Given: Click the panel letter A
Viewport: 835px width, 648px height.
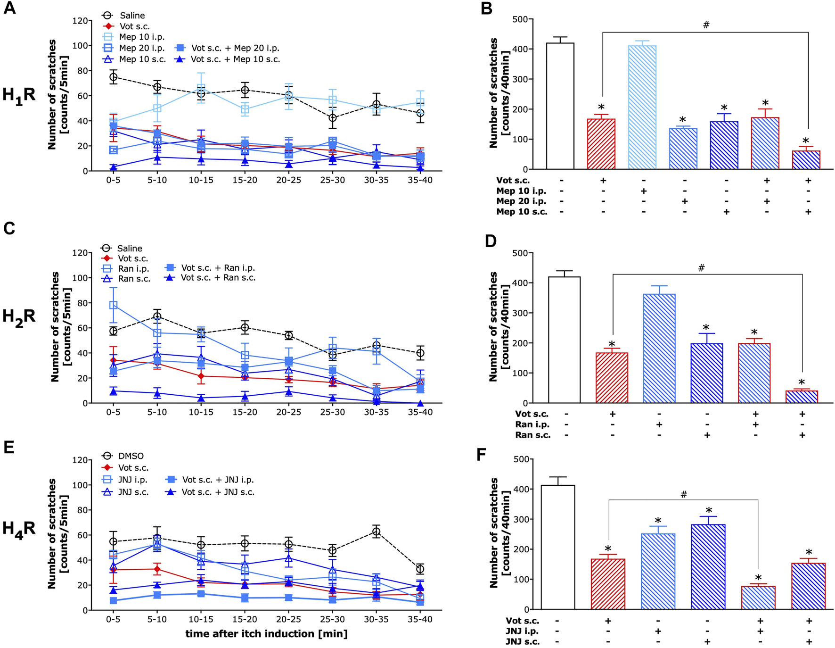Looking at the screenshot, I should (10, 8).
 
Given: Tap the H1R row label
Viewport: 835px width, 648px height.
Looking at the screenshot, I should (19, 95).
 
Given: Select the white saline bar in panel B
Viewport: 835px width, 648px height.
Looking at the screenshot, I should (560, 106).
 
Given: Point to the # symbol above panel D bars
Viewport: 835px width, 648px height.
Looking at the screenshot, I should (701, 268).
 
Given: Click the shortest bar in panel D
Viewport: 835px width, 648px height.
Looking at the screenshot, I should (802, 397).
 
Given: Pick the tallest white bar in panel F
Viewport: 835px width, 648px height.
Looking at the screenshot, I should (557, 547).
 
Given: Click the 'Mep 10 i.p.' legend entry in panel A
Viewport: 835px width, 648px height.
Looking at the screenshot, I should (141, 37).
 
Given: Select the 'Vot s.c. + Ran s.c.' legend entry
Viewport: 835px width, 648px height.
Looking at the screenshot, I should (218, 278).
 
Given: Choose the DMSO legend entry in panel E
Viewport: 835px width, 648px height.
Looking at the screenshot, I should (131, 456).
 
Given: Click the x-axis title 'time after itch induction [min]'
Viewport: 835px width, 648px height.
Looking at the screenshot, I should (266, 634).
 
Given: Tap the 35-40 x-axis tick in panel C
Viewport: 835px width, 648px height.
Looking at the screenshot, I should (420, 412).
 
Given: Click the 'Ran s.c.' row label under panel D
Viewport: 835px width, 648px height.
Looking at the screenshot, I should (532, 435).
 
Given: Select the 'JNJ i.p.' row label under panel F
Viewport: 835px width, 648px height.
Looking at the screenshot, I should (522, 631).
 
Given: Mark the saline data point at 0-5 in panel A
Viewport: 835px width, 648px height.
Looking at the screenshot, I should (113, 77).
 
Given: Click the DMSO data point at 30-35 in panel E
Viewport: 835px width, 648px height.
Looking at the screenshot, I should (376, 532).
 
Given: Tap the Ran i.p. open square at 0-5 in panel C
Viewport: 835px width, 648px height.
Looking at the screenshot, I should (113, 305).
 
